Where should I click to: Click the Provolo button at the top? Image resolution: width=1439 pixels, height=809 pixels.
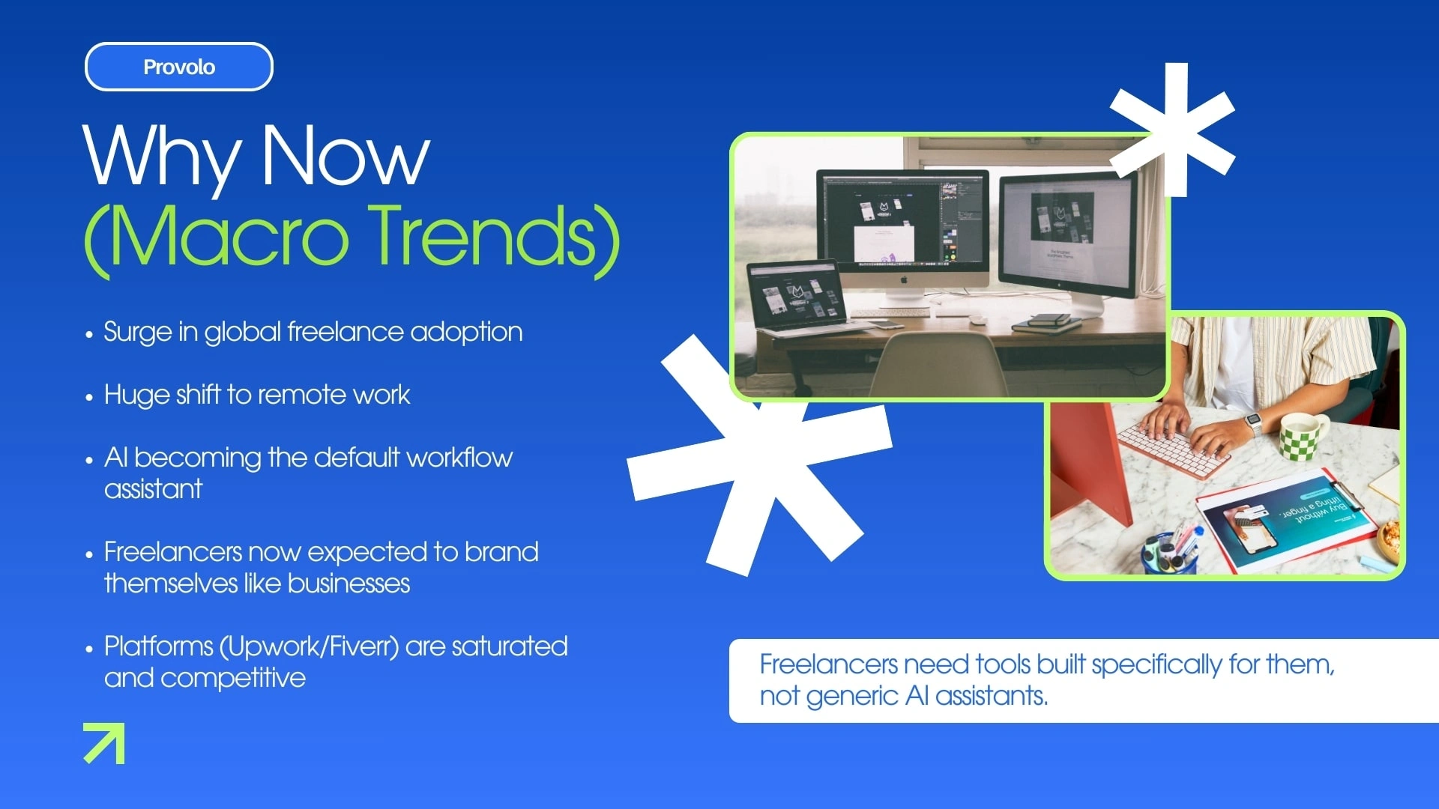tap(179, 67)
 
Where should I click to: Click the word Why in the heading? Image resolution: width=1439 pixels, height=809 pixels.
tap(160, 156)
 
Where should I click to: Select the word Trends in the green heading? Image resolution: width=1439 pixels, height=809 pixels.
tap(495, 237)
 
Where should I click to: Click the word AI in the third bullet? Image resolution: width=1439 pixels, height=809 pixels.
tap(115, 457)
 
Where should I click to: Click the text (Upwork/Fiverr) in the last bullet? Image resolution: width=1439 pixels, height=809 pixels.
tap(309, 646)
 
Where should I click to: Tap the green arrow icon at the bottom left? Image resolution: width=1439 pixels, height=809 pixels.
tap(104, 743)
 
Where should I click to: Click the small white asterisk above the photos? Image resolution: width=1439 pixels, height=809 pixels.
tap(1174, 130)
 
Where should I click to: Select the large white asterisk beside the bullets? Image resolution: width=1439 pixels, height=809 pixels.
tap(759, 455)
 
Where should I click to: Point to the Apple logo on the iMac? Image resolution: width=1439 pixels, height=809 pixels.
tap(903, 279)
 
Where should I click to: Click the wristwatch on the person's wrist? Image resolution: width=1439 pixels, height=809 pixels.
tap(1252, 424)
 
